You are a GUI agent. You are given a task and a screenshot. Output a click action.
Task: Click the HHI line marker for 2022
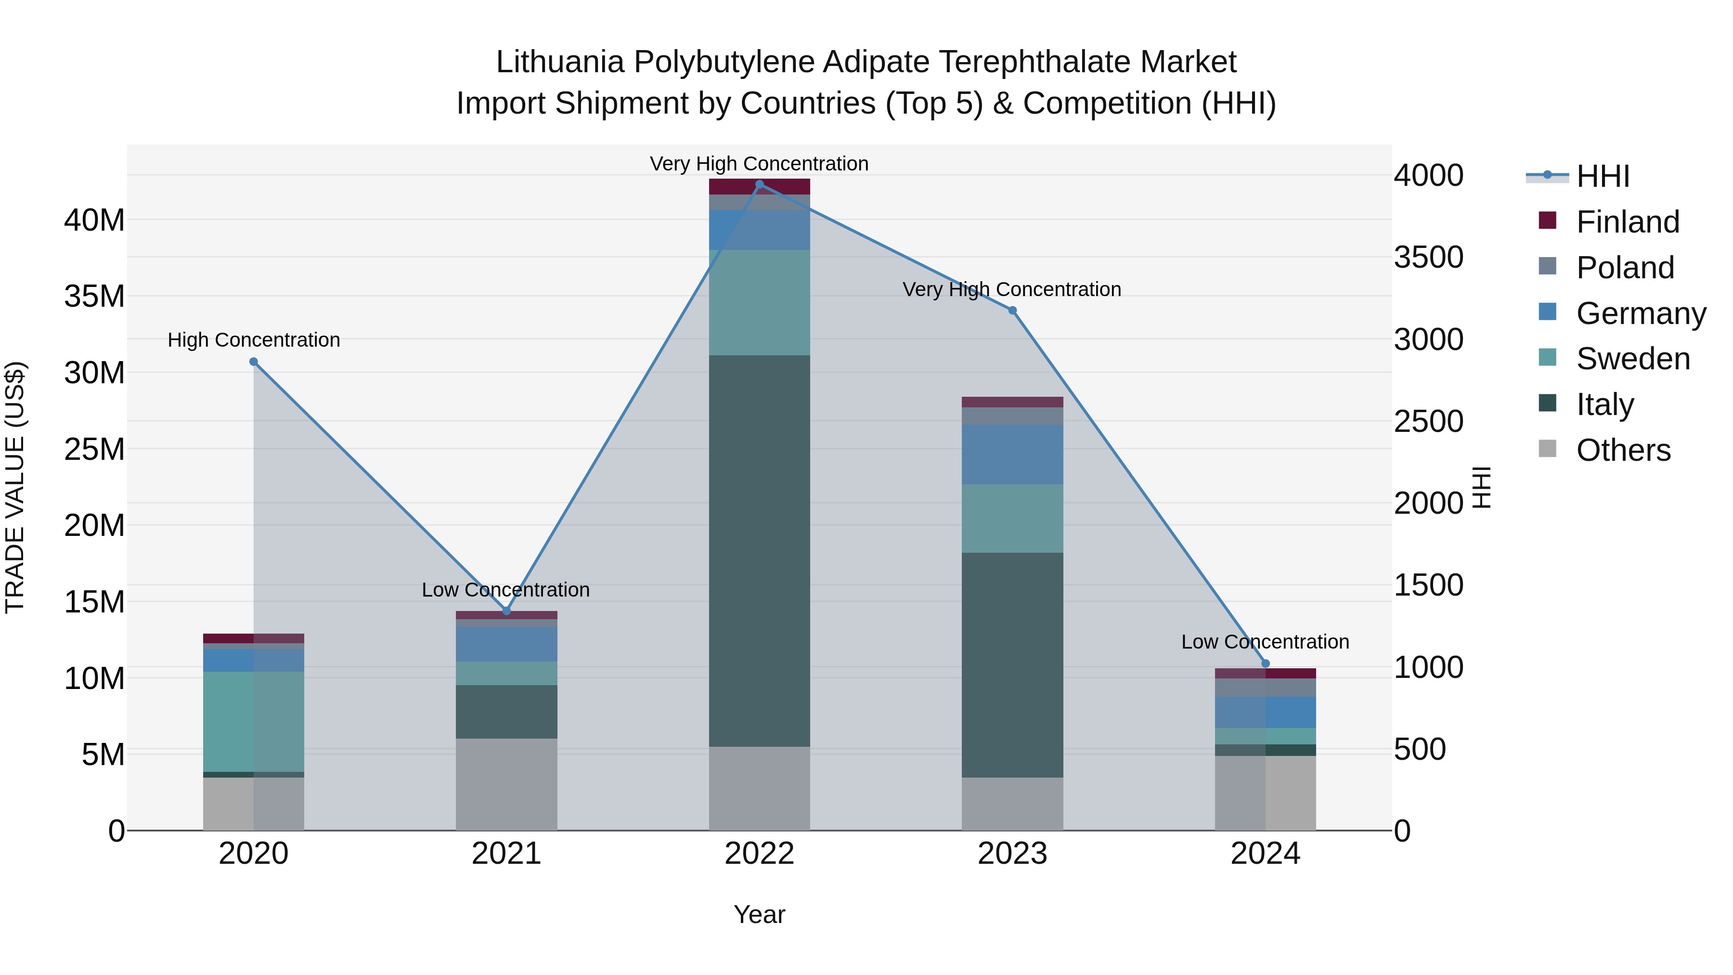pos(760,184)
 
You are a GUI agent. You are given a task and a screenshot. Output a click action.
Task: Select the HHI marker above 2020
pos(254,361)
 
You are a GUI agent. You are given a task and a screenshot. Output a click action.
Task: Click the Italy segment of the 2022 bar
pos(760,550)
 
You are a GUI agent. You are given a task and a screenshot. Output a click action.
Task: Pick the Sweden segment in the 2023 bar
pos(1012,518)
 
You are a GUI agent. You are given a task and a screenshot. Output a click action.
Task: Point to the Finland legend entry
pos(1628,221)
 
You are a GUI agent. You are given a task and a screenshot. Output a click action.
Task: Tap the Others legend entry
pos(1623,450)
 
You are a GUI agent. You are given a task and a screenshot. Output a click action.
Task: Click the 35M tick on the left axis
pos(94,296)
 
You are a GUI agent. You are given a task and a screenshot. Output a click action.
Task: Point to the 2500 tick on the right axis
pos(1428,421)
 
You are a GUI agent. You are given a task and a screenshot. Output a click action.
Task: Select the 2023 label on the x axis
pos(1012,854)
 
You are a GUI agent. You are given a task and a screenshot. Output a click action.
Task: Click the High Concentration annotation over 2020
pos(254,340)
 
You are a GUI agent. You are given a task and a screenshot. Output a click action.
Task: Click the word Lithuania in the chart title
pos(560,62)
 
